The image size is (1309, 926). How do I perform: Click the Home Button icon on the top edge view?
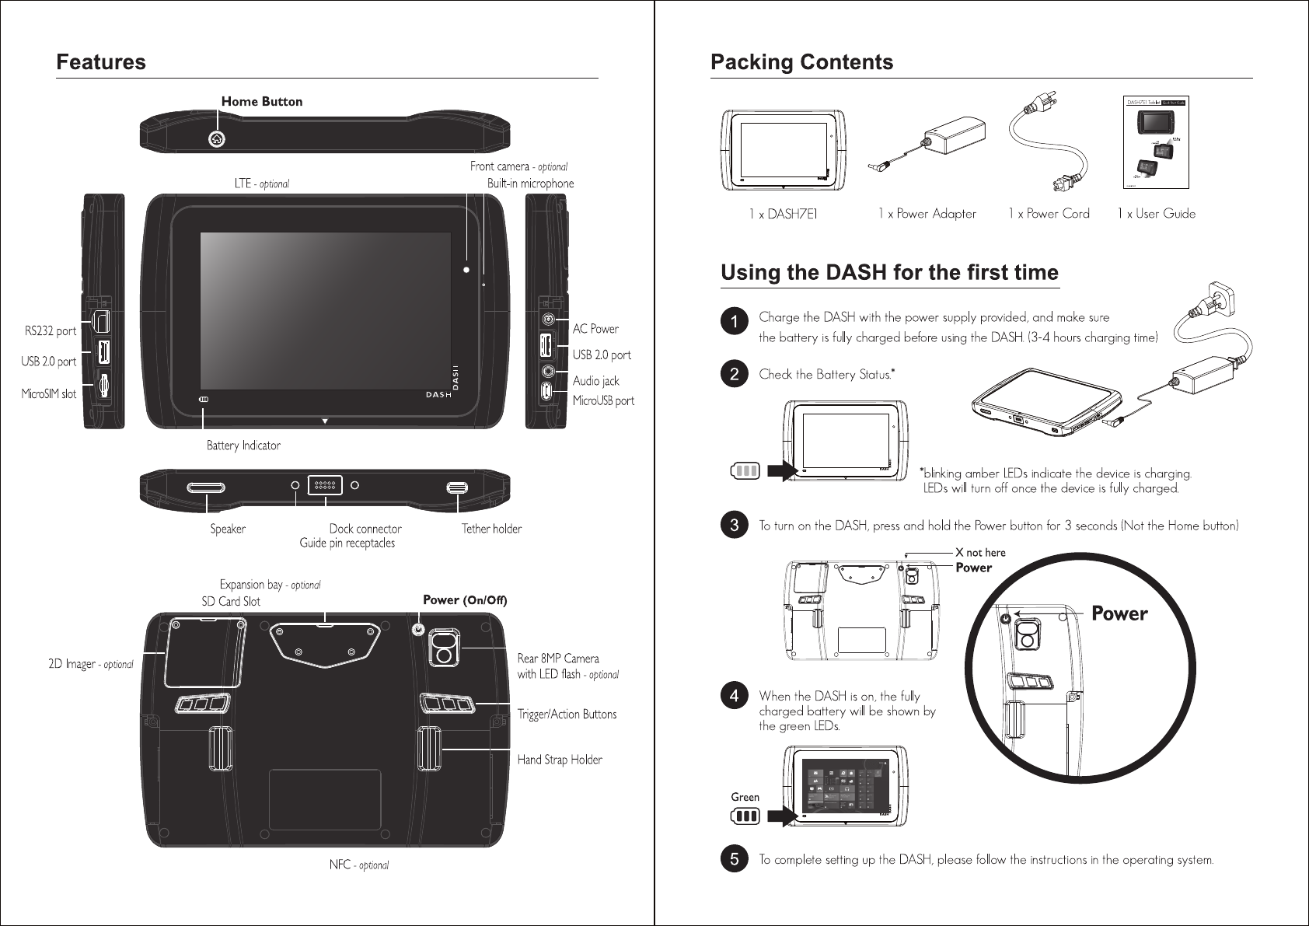[217, 139]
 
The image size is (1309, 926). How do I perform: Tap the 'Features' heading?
[101, 61]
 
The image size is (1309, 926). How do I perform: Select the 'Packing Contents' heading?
[802, 61]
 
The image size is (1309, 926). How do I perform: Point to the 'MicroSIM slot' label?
[48, 394]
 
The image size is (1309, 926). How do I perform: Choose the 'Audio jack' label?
[596, 381]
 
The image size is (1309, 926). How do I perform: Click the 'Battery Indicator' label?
[243, 446]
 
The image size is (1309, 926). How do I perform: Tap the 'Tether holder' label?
[491, 529]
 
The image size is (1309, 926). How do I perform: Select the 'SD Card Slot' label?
[231, 601]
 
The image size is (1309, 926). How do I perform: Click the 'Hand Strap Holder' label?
[560, 759]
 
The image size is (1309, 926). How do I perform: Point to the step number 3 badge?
[733, 526]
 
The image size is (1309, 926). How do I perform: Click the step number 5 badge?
[733, 859]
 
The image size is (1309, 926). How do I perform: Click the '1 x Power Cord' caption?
[1049, 213]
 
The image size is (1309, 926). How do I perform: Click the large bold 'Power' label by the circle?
[1119, 613]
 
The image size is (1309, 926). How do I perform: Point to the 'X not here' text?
[981, 552]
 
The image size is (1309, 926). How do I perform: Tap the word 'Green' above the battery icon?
[745, 797]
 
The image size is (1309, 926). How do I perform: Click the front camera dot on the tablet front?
[466, 269]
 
